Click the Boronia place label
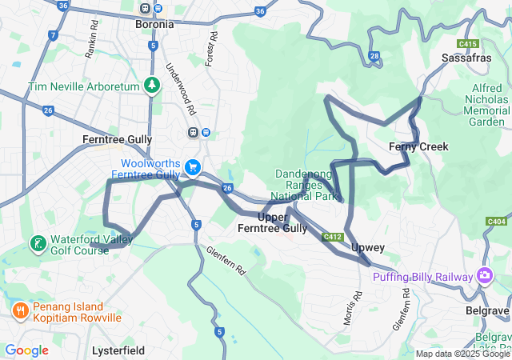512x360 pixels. click(x=154, y=24)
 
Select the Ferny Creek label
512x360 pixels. click(x=418, y=146)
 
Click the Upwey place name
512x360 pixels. click(x=368, y=248)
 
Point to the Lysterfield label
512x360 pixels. click(x=118, y=350)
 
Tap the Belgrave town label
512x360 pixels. click(x=488, y=310)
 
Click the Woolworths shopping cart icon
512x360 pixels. click(x=193, y=167)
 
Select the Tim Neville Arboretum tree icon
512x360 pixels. click(x=152, y=85)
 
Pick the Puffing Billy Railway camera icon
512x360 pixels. click(x=485, y=276)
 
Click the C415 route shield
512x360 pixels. click(x=468, y=43)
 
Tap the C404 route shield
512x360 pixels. click(x=496, y=221)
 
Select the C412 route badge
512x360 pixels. click(x=334, y=237)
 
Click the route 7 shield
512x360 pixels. click(x=53, y=35)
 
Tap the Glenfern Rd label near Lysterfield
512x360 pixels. click(x=226, y=261)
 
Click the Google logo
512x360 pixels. click(x=26, y=350)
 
